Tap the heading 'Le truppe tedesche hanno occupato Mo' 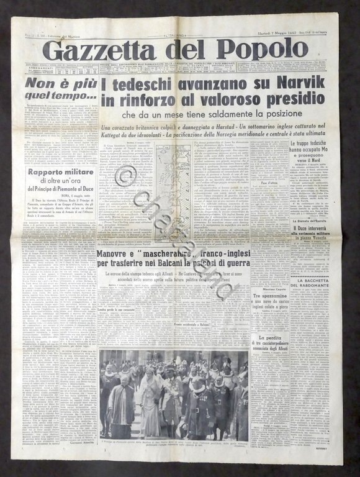point(317,148)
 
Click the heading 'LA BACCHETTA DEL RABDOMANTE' point(317,286)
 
